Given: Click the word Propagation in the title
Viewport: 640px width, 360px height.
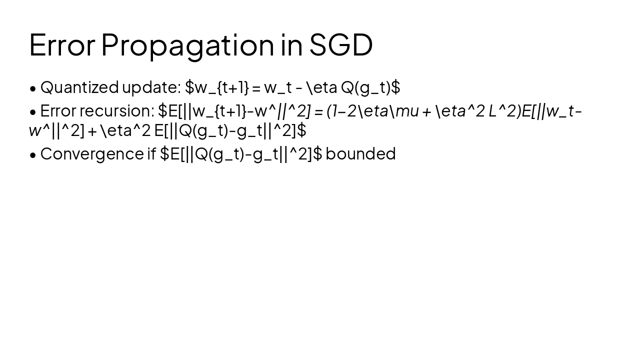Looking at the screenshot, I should [187, 45].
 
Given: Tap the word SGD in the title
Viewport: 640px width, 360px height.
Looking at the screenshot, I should [341, 44].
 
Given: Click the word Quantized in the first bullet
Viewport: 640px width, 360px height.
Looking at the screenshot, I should [79, 87].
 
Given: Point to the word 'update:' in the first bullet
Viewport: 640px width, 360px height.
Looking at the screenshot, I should [151, 87].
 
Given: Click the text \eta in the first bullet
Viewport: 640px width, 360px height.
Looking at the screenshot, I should [322, 87].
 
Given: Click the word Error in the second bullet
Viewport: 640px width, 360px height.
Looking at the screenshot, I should [57, 110].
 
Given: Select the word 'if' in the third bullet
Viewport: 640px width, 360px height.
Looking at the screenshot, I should [151, 153].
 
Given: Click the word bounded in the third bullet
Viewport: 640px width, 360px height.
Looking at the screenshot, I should [360, 153].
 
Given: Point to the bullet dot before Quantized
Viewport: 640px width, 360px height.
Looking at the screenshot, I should [33, 88].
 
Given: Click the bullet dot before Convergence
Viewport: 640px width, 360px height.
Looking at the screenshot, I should [33, 155].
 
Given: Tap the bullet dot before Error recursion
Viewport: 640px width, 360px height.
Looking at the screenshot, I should [33, 112].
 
